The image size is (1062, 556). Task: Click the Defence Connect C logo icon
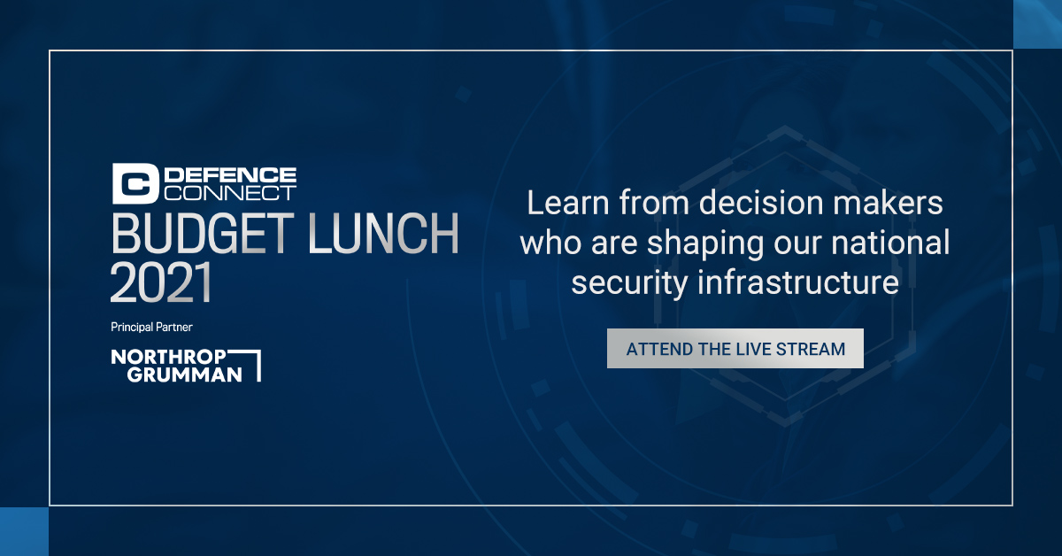135,183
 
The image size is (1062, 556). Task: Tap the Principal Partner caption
151,327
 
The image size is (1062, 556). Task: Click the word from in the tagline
649,204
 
